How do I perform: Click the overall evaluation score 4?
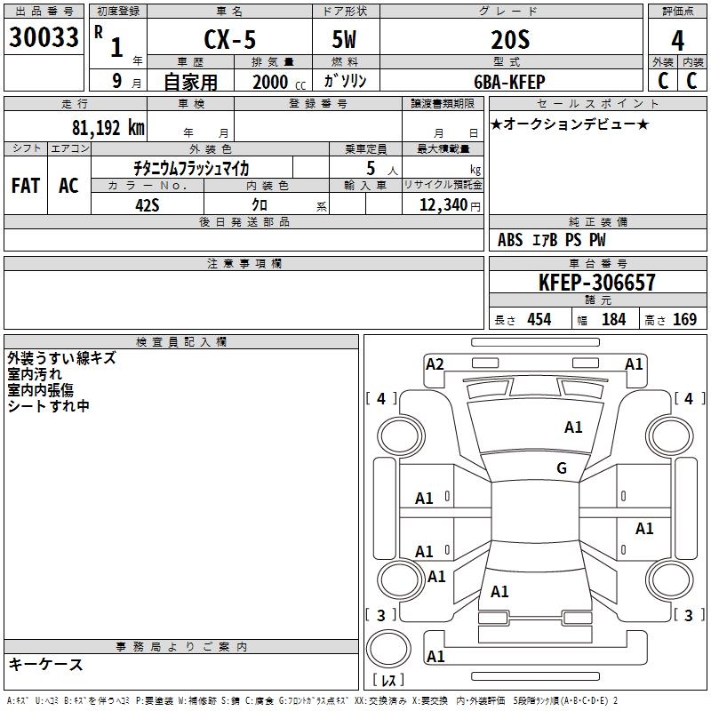677,41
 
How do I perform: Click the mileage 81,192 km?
108,127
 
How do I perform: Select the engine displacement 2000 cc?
270,82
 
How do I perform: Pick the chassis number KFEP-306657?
596,283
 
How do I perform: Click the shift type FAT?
26,186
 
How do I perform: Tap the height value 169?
684,320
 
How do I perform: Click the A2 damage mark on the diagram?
435,364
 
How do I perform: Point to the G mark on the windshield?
562,467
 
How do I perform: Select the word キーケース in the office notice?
46,664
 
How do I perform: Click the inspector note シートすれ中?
49,406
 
